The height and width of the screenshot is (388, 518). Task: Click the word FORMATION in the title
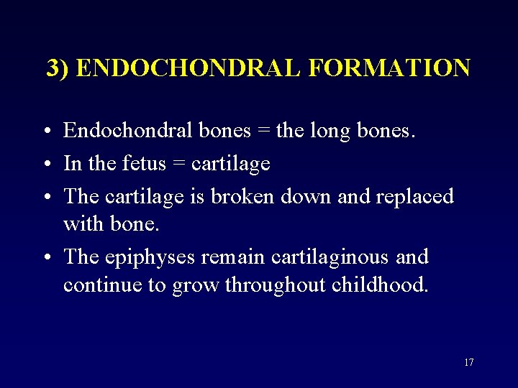pyautogui.click(x=388, y=68)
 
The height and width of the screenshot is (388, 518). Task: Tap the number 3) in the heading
pyautogui.click(x=58, y=68)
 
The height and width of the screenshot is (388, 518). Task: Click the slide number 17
pyautogui.click(x=468, y=362)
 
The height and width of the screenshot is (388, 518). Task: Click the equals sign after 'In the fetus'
pyautogui.click(x=177, y=165)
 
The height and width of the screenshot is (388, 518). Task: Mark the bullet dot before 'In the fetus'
pyautogui.click(x=45, y=165)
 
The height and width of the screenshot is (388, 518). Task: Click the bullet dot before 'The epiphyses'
pyautogui.click(x=45, y=257)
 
